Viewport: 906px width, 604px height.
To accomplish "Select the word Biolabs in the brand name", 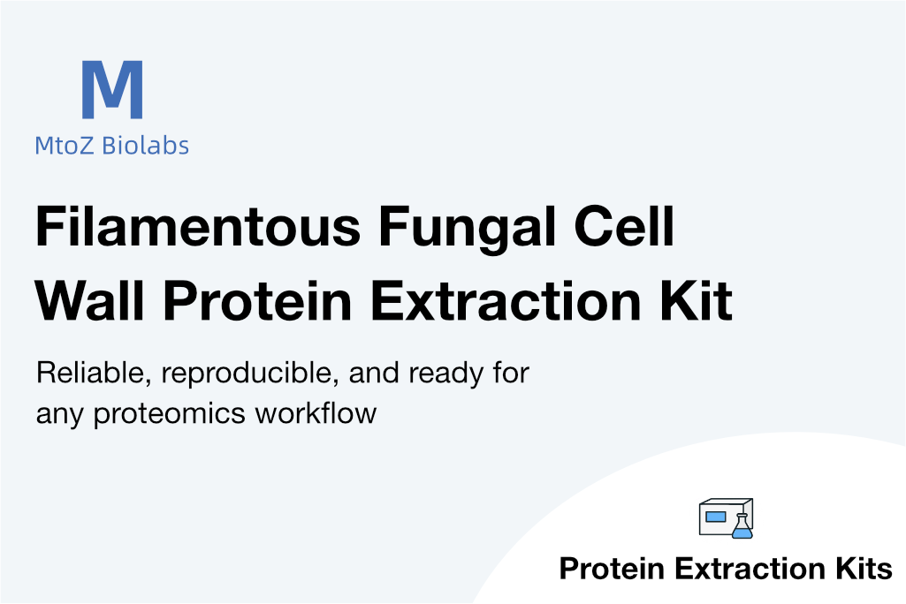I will tap(146, 145).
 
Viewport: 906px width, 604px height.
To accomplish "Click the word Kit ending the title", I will tap(697, 301).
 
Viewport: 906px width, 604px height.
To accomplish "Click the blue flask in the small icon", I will tap(740, 527).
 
